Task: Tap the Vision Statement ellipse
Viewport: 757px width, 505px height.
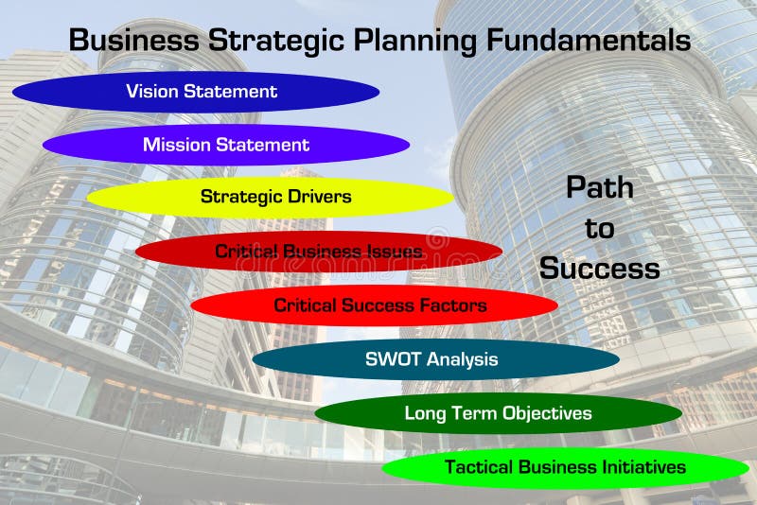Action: point(196,92)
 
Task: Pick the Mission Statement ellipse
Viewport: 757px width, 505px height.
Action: point(226,145)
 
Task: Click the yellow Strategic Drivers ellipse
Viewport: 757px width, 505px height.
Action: point(270,197)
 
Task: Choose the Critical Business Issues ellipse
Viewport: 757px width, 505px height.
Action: point(318,252)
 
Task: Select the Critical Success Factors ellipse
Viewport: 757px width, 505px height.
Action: point(374,305)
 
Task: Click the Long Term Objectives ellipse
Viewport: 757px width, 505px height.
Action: point(498,413)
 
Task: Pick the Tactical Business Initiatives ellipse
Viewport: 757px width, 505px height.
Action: point(565,467)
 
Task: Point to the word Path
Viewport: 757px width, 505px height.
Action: point(599,187)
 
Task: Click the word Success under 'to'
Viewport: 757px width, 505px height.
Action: point(599,269)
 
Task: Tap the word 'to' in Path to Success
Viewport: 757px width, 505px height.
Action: point(599,228)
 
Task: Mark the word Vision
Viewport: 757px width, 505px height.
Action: point(151,92)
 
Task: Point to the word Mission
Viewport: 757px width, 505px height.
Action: point(177,145)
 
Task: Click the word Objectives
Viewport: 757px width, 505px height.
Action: point(543,413)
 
